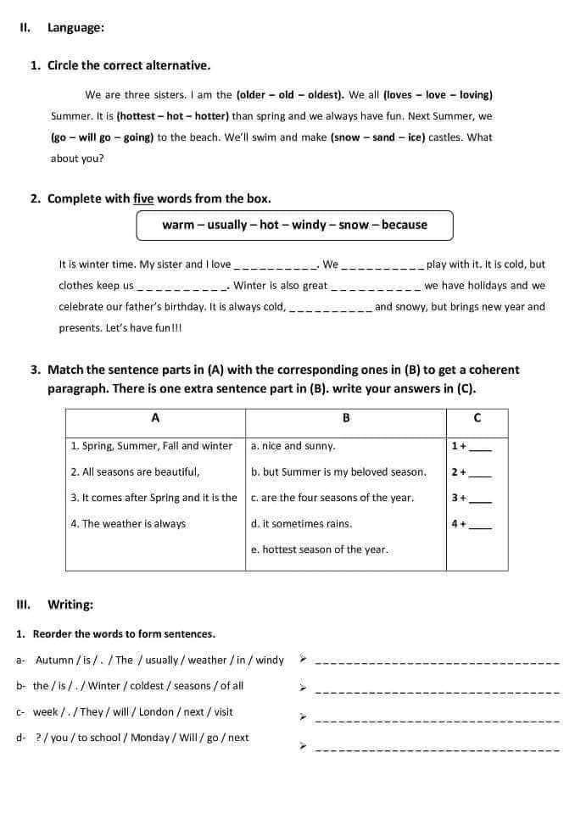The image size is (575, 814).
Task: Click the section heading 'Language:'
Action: pyautogui.click(x=75, y=27)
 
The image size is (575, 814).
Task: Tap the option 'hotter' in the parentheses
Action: pyautogui.click(x=210, y=116)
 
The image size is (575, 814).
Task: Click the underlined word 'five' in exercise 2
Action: pyautogui.click(x=143, y=198)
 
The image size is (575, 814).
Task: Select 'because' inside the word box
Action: pyautogui.click(x=405, y=225)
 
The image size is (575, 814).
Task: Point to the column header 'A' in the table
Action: pyautogui.click(x=155, y=418)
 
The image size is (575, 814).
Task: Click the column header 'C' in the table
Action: pyautogui.click(x=477, y=418)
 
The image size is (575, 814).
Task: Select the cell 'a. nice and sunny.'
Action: pyautogui.click(x=293, y=446)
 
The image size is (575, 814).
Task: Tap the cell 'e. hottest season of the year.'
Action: pyautogui.click(x=320, y=549)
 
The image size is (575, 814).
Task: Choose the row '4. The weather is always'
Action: pyautogui.click(x=128, y=524)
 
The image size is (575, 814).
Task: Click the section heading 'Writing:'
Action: pyautogui.click(x=70, y=605)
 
